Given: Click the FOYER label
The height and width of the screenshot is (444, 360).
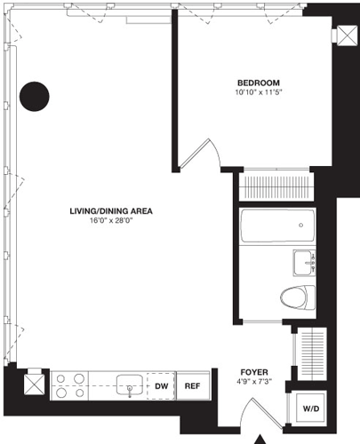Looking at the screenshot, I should pos(255,371).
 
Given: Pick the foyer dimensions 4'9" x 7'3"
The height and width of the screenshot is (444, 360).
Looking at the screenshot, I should pos(255,383).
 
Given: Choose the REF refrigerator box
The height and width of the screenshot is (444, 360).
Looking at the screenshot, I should pos(192,387).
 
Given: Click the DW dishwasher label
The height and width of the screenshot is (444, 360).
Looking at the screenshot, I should pos(162,387).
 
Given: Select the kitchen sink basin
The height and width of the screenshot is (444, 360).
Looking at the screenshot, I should pos(130,387).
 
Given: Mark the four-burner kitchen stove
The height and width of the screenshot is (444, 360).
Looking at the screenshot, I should pos(71,386).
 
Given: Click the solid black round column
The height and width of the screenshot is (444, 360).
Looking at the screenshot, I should pos(35,95).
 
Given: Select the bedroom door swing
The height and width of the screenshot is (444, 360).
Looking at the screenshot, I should pos(201,153).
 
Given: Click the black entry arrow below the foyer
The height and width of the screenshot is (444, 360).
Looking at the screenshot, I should pos(260,439).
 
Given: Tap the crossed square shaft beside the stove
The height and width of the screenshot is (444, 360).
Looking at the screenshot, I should pos(33,385).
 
